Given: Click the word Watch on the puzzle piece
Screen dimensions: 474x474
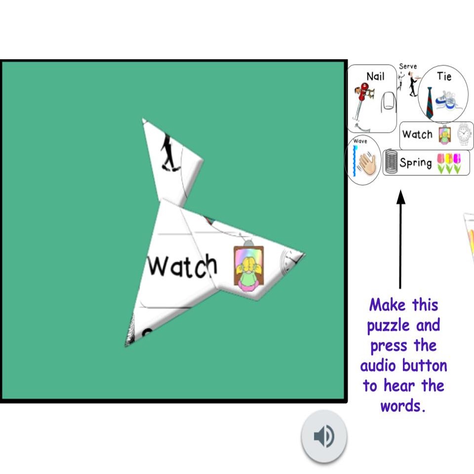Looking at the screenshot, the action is [182, 266].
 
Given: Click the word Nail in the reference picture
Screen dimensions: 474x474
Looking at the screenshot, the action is [375, 76].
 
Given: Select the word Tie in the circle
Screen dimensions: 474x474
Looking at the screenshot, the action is [444, 76].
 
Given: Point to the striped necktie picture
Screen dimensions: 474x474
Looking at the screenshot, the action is [430, 103].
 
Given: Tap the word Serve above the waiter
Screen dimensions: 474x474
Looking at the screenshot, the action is [408, 66].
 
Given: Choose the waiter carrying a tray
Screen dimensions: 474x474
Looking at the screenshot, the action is [413, 84].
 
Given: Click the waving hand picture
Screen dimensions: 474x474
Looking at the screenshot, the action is [367, 164].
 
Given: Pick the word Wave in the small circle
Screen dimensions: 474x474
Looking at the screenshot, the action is [360, 141].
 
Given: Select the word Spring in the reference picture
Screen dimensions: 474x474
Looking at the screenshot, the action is [416, 162].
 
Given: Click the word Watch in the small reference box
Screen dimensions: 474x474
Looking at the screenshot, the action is [417, 134].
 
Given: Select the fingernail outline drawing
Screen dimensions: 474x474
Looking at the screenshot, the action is [389, 102].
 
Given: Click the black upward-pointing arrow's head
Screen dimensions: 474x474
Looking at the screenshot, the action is [400, 197].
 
